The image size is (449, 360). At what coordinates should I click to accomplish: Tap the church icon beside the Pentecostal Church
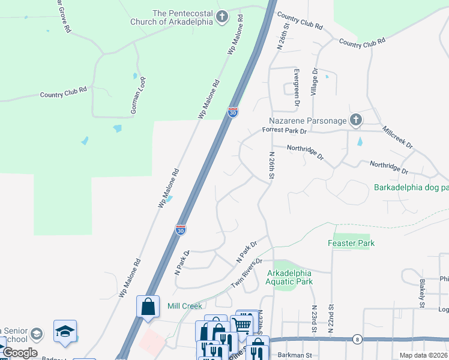tap(222, 17)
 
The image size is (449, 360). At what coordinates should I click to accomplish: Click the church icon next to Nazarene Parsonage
tap(355, 120)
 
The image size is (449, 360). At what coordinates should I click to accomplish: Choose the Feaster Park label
tap(351, 243)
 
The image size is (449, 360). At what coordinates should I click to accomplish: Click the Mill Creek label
tap(184, 306)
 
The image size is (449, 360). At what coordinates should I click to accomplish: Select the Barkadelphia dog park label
tap(411, 187)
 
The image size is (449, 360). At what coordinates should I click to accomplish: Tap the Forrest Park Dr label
tap(284, 130)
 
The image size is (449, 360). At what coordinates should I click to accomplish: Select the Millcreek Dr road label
tap(397, 137)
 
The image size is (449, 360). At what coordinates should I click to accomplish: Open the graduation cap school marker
tap(65, 331)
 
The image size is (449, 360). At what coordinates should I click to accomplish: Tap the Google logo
tap(20, 353)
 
